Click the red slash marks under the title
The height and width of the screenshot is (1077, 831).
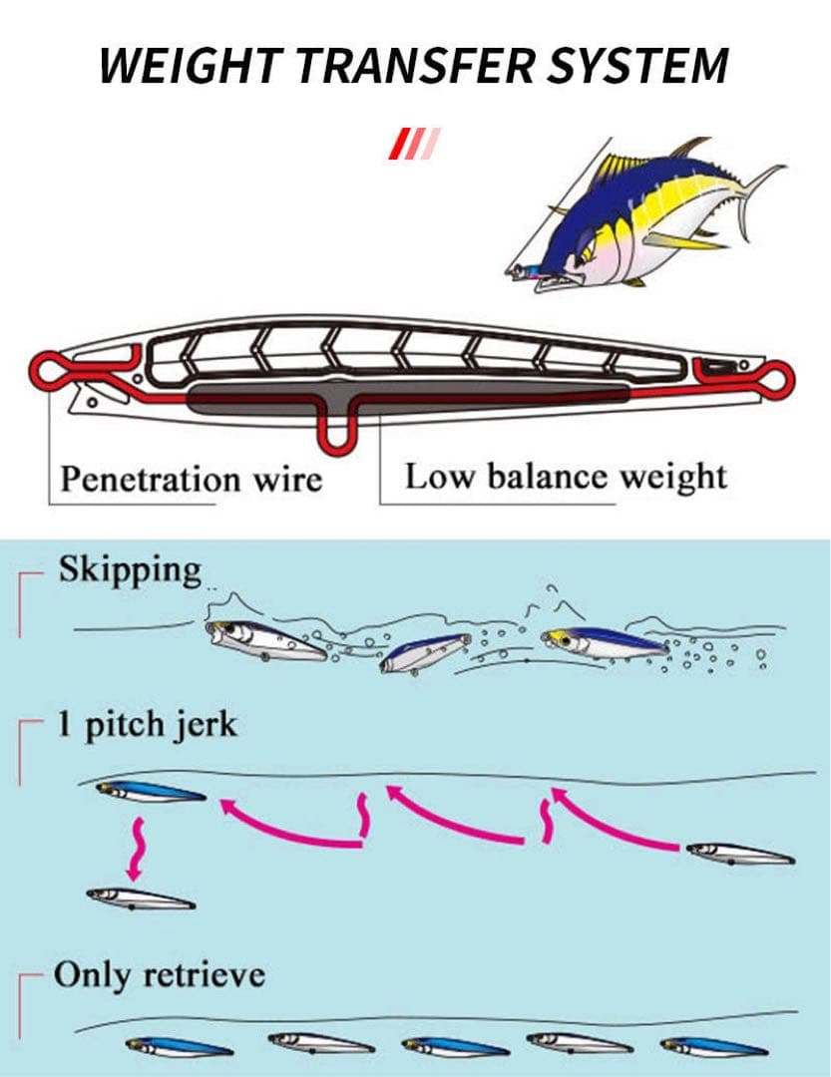[414, 144]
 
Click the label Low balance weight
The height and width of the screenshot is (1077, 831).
[566, 477]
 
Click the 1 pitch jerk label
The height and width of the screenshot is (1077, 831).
[147, 724]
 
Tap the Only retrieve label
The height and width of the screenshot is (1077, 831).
[160, 973]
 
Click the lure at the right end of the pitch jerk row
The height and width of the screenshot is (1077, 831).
[739, 854]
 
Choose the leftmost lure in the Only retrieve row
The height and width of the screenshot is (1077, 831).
[180, 1047]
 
